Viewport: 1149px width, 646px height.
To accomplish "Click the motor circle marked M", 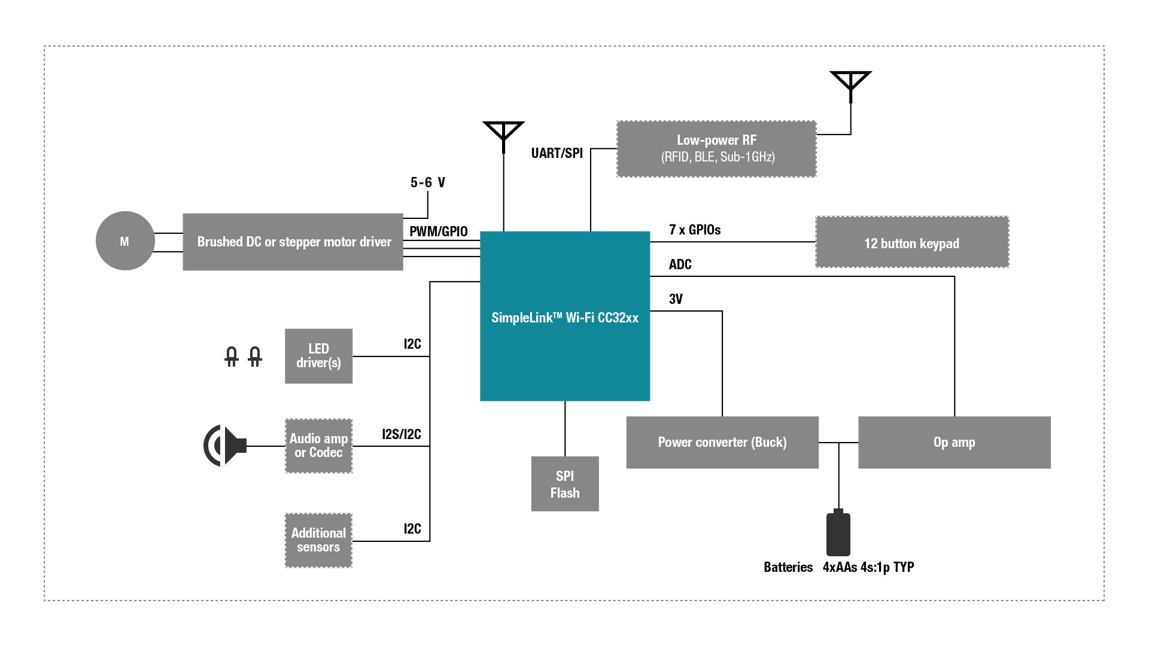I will [x=125, y=241].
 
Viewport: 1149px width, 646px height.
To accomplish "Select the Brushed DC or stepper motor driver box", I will [x=293, y=242].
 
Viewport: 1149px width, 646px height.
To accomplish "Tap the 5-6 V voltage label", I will [x=427, y=182].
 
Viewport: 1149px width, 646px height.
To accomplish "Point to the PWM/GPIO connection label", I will [x=438, y=231].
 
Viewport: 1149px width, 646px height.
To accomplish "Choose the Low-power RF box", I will [x=716, y=149].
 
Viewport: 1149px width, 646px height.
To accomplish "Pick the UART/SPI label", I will [x=557, y=153].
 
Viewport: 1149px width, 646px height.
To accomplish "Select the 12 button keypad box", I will [x=911, y=242].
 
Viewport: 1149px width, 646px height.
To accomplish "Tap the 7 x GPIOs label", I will [x=694, y=230].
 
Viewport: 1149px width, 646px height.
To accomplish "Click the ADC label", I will [x=680, y=264].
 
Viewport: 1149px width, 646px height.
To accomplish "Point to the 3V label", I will [x=676, y=299].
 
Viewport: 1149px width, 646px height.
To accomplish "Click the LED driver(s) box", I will [x=318, y=356].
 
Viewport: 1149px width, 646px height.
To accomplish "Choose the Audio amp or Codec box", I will [x=318, y=446].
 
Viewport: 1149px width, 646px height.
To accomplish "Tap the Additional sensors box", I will [x=318, y=540].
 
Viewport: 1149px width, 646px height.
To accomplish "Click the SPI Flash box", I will [x=564, y=484].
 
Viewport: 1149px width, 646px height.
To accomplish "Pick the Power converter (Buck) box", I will [x=722, y=442].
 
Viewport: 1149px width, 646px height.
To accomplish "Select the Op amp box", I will [x=954, y=442].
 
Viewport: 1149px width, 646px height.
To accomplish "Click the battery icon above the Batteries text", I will [x=838, y=534].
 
